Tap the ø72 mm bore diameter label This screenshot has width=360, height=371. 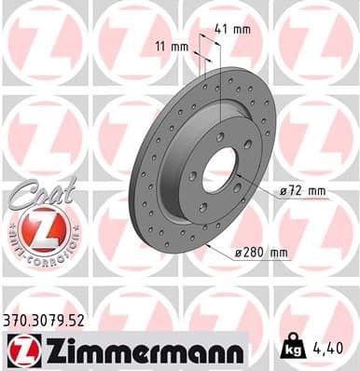tap(303, 191)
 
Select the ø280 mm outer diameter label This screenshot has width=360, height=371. tap(260, 253)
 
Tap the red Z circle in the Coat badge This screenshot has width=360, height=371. tap(41, 227)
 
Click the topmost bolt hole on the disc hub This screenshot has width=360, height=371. tap(220, 137)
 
